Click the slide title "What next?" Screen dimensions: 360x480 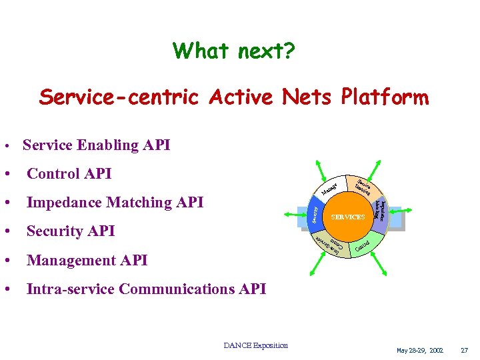235,51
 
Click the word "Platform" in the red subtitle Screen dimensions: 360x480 385,97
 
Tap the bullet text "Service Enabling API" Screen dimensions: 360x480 96,145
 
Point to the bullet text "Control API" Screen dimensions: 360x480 69,173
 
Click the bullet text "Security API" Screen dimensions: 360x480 71,231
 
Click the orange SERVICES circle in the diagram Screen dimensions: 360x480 348,217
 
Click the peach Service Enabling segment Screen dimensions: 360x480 365,186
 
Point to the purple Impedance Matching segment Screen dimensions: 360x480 381,210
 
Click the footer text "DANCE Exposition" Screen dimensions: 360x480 255,345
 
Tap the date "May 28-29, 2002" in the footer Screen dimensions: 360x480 419,350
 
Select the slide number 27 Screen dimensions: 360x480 465,350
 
